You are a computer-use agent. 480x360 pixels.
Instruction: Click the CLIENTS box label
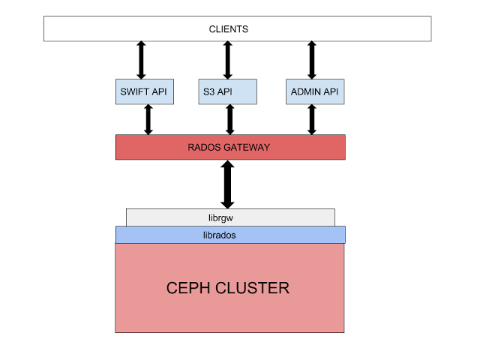pos(228,29)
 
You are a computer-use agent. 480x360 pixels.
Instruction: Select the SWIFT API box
pos(144,91)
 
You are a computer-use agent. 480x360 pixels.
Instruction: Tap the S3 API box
pos(228,91)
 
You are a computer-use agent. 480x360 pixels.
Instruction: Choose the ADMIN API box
pos(314,91)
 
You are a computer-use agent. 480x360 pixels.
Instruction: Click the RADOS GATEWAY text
pos(229,148)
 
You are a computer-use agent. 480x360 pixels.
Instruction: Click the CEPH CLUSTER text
pos(227,288)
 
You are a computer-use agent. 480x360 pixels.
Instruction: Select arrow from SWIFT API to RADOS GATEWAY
pos(148,119)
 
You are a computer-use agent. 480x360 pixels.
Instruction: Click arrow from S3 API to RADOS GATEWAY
pos(229,119)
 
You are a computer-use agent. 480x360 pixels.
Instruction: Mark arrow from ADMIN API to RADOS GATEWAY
pos(312,119)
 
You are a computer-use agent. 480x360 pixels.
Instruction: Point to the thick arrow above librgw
pos(227,184)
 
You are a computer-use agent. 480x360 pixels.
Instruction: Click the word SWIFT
pos(135,91)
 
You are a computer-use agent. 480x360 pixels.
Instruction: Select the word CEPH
pos(187,288)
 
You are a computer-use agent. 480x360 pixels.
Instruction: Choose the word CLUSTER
pos(251,288)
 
